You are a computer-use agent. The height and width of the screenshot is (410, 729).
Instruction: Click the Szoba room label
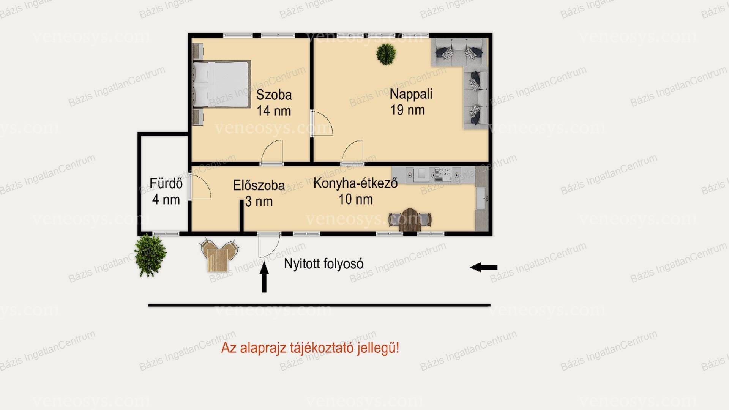(x=274, y=95)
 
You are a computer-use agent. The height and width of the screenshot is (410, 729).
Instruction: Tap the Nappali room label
(x=411, y=94)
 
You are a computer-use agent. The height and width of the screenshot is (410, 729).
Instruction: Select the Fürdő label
(x=166, y=184)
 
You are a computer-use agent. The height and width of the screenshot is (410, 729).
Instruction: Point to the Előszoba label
(x=259, y=185)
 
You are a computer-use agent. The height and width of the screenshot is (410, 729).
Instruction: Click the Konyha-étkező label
(x=355, y=183)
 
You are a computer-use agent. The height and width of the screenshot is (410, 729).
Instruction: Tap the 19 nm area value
(x=407, y=110)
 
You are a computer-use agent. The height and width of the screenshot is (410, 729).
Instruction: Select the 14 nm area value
(x=274, y=111)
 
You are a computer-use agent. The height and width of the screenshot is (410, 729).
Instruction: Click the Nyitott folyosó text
(x=324, y=264)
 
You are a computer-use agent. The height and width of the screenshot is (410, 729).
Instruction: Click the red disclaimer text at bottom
(x=310, y=348)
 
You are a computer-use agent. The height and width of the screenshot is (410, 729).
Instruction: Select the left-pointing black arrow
(x=483, y=267)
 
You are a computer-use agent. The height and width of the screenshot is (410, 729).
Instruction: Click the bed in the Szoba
(x=222, y=84)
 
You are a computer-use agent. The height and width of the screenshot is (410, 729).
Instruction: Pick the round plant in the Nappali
(x=386, y=54)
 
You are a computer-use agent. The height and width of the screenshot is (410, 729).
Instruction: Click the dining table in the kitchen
(x=410, y=219)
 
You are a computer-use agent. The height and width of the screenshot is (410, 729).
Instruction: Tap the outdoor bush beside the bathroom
(x=150, y=255)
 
